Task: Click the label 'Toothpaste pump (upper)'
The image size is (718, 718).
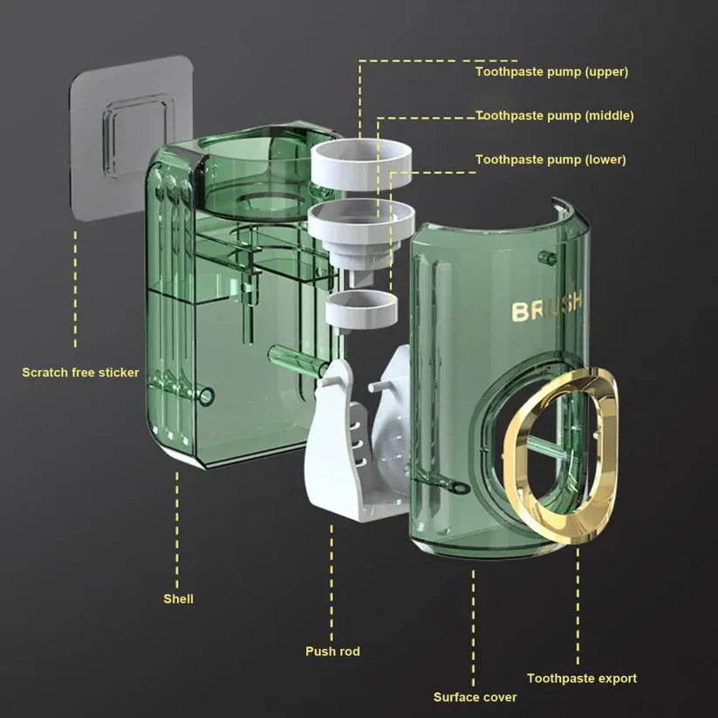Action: pyautogui.click(x=550, y=72)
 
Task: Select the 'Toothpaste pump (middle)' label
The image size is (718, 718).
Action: pyautogui.click(x=554, y=115)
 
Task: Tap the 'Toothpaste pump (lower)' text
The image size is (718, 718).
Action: pyautogui.click(x=550, y=160)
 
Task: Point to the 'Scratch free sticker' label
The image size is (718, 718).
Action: pyautogui.click(x=80, y=373)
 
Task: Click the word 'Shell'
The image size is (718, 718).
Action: pyautogui.click(x=178, y=598)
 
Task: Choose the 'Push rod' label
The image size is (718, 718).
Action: pyautogui.click(x=332, y=651)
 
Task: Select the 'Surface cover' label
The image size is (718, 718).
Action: pyautogui.click(x=475, y=697)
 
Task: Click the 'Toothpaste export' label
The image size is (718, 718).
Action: pyautogui.click(x=581, y=678)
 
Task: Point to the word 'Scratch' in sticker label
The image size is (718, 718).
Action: pyautogui.click(x=44, y=373)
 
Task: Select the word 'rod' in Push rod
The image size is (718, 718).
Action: pyautogui.click(x=348, y=651)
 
